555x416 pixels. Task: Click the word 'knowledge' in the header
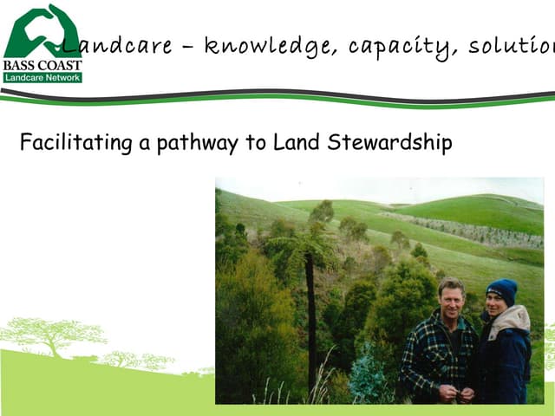coord(269,46)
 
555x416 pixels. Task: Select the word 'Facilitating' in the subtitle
coord(76,142)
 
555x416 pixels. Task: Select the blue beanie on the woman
coord(501,290)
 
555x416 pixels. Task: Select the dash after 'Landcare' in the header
coord(187,48)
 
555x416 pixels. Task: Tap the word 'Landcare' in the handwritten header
coord(117,46)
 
